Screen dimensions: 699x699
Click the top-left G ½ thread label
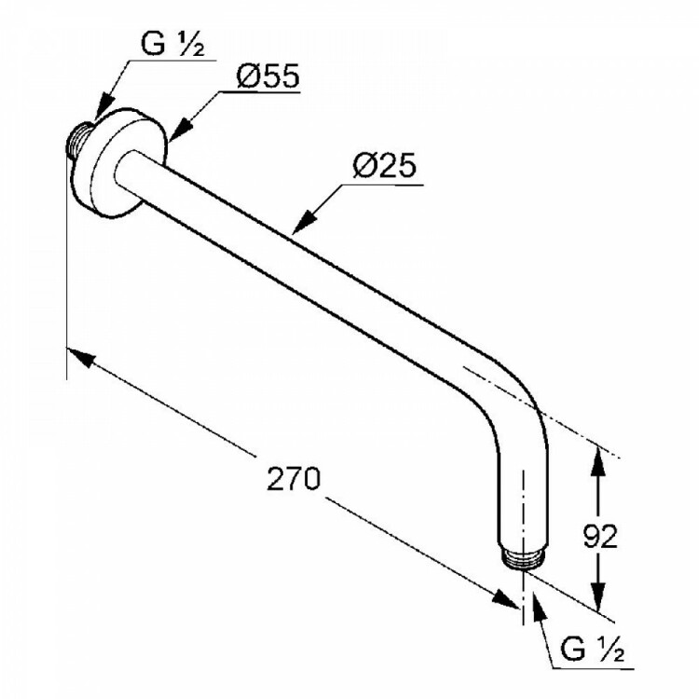click(x=172, y=45)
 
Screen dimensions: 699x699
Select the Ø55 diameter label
click(x=267, y=75)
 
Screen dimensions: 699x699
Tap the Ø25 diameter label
click(x=384, y=166)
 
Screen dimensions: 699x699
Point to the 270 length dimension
click(x=294, y=478)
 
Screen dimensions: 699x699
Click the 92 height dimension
click(x=600, y=536)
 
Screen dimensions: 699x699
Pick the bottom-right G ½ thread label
click(x=593, y=650)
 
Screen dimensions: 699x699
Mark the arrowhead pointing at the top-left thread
click(x=103, y=107)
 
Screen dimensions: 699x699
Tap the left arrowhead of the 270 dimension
click(x=82, y=357)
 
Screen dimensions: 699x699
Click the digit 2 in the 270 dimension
click(x=276, y=478)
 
